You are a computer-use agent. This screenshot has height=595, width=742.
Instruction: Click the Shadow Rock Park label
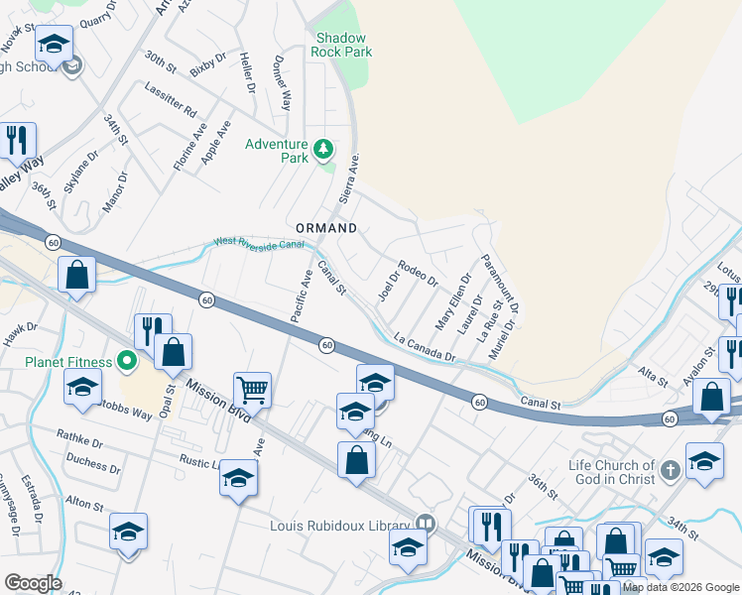click(x=341, y=44)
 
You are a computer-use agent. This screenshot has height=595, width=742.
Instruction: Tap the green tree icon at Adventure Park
click(x=322, y=150)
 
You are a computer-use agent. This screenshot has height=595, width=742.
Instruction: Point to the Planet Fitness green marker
click(x=126, y=360)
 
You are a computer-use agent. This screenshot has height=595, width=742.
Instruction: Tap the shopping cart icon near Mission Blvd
click(x=253, y=390)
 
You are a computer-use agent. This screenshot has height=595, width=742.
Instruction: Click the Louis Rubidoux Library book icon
click(x=425, y=523)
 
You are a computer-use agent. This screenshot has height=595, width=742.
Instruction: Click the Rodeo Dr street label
click(x=418, y=272)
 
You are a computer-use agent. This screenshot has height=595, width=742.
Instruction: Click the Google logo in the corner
click(x=32, y=583)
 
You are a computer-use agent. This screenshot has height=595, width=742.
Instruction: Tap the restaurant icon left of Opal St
click(x=153, y=331)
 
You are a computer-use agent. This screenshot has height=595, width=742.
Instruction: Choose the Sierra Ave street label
click(x=348, y=178)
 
